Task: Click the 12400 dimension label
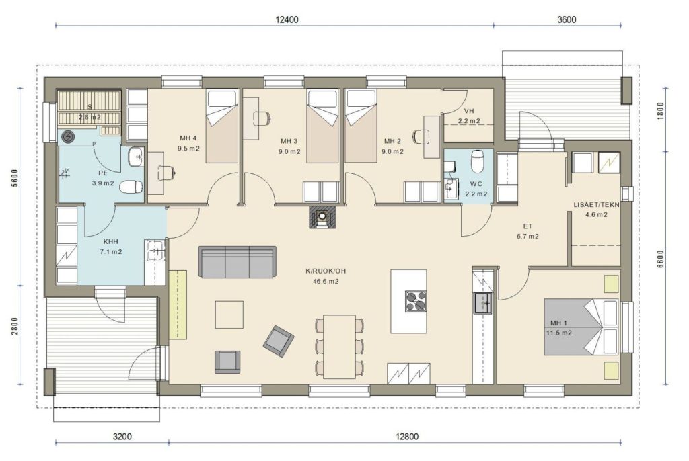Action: (287, 19)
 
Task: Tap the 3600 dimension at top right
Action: (567, 19)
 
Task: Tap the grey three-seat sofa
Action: (238, 261)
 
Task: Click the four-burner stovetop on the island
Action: (415, 301)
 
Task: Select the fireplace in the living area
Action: (323, 216)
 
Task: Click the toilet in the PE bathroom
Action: (131, 187)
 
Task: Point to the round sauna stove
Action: (68, 137)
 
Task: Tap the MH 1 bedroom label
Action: (559, 323)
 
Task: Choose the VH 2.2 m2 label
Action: (469, 116)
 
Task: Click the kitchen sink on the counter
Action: (483, 303)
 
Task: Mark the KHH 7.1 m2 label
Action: (111, 247)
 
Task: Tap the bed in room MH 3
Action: (323, 126)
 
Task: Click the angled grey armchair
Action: (279, 341)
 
